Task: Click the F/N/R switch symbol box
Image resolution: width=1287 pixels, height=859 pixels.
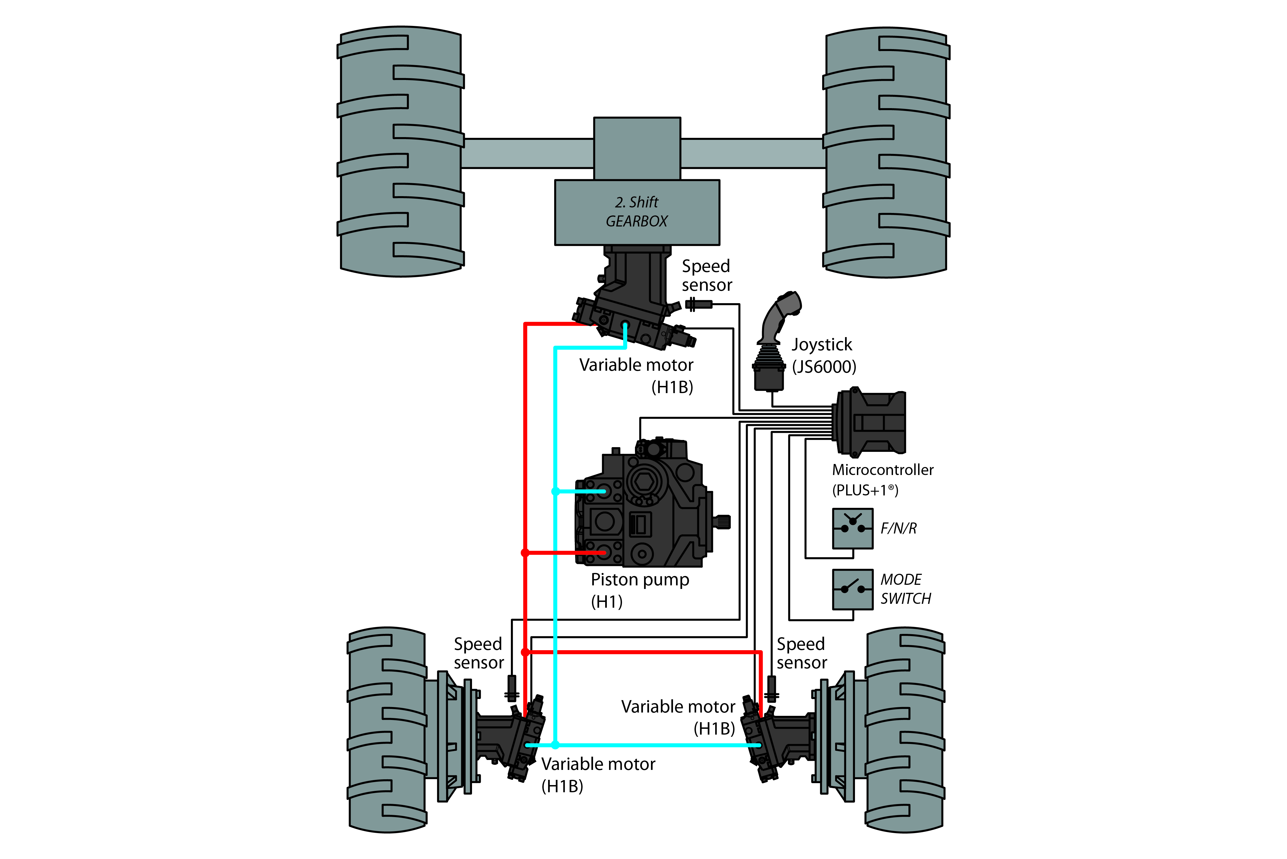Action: point(852,528)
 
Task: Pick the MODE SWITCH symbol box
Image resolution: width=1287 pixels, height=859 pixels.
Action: point(852,589)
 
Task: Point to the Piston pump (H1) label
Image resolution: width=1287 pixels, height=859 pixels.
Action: point(639,590)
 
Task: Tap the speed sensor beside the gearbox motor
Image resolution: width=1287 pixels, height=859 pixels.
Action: point(698,304)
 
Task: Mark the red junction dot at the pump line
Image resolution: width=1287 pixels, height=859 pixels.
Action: point(525,553)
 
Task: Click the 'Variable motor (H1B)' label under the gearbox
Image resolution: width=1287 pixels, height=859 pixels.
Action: point(636,376)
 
